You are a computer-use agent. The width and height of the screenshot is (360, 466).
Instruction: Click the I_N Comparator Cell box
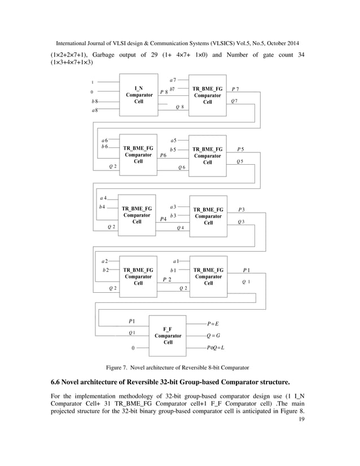click(x=138, y=95)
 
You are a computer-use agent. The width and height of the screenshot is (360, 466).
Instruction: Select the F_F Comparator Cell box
click(x=168, y=336)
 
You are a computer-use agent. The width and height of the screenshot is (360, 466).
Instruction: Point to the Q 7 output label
click(x=234, y=100)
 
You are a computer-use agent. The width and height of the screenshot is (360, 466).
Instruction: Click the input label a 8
click(x=94, y=110)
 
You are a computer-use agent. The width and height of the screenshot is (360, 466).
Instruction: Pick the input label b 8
click(x=95, y=100)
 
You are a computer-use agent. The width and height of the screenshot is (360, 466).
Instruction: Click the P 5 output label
click(x=240, y=149)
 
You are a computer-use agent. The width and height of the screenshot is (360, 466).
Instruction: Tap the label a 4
click(x=103, y=198)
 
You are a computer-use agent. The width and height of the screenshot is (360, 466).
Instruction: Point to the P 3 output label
click(x=241, y=209)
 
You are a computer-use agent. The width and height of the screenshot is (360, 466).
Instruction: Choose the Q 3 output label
click(x=241, y=222)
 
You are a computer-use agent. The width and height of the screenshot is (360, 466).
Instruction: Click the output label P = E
click(x=213, y=324)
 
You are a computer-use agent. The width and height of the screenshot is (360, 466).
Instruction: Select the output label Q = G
click(x=213, y=336)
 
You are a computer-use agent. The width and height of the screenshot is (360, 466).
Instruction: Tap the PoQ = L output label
click(x=216, y=348)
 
